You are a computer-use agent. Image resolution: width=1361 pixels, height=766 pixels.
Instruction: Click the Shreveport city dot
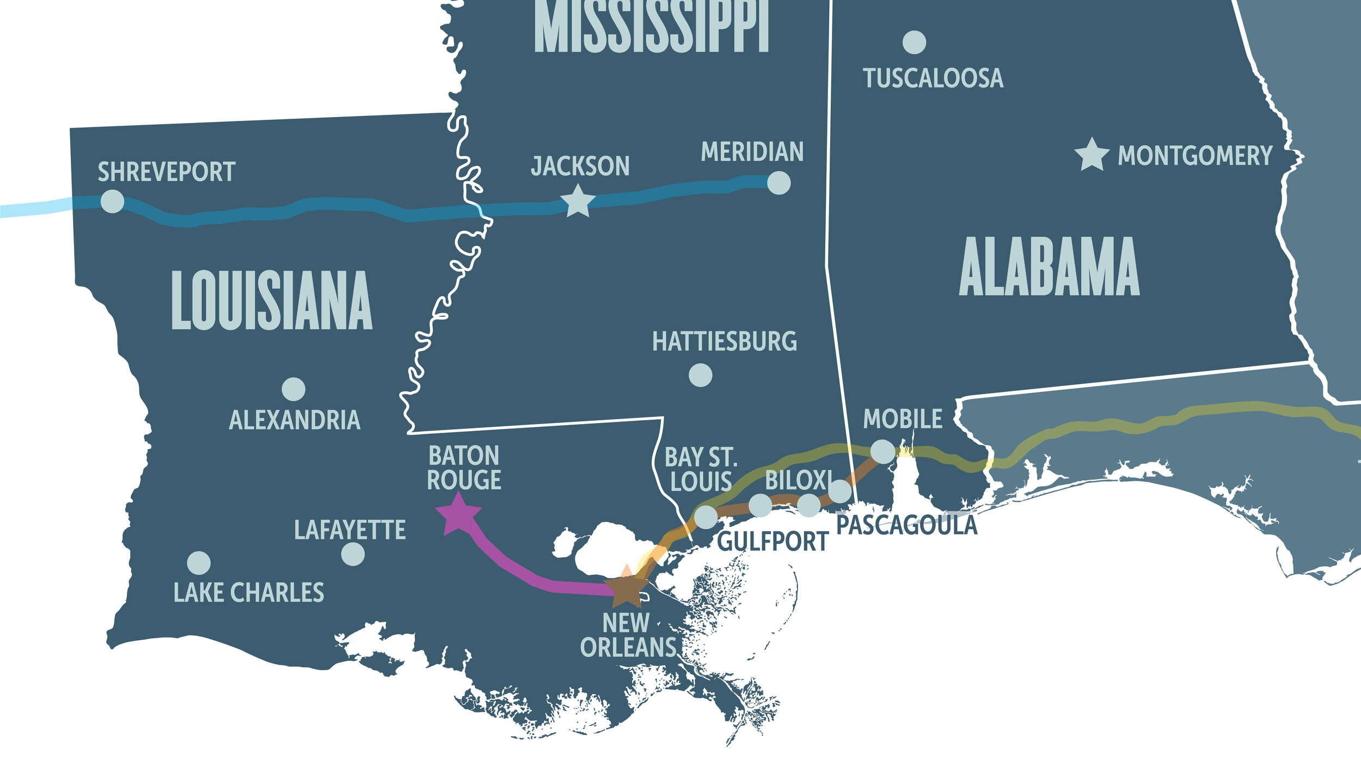(x=112, y=201)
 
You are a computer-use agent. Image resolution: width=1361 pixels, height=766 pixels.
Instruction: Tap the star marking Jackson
(x=577, y=201)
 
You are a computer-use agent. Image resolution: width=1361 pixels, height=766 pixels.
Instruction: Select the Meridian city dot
(x=778, y=183)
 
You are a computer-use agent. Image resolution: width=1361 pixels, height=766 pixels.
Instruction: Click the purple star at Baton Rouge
(x=458, y=514)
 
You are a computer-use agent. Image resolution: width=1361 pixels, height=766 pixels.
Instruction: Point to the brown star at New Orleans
(x=627, y=588)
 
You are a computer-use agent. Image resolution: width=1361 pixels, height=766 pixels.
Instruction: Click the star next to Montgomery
(x=1092, y=155)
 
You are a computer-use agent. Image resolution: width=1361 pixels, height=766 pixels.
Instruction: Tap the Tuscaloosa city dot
(x=914, y=42)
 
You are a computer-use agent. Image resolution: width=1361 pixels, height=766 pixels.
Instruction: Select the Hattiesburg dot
(x=700, y=375)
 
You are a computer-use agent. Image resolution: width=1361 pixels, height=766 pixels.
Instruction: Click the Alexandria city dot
(x=293, y=389)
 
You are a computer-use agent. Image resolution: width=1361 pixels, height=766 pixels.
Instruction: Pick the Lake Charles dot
(x=199, y=563)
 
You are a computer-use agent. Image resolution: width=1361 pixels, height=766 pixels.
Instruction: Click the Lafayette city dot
(x=353, y=554)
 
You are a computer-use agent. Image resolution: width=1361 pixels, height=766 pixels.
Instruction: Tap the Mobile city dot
(x=882, y=451)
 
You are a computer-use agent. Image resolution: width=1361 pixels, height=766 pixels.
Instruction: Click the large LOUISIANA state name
(x=272, y=301)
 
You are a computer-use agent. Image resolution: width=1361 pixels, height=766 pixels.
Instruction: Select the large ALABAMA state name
(x=1049, y=267)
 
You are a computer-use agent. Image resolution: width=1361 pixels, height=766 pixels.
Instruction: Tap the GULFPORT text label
(x=773, y=542)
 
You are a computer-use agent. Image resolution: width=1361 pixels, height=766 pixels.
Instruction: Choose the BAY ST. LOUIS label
(x=701, y=469)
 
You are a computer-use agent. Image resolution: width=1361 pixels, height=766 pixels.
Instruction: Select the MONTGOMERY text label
(x=1195, y=156)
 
